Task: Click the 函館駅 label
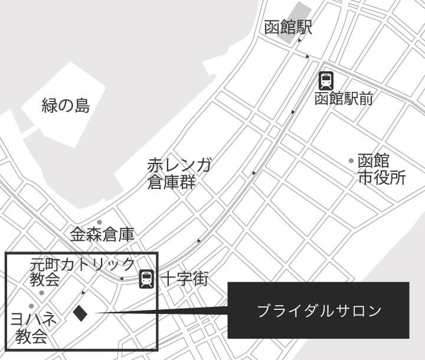click(287, 28)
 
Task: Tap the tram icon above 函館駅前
click(326, 81)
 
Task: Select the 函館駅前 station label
click(343, 98)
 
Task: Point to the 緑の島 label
click(66, 106)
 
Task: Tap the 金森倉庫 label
click(102, 234)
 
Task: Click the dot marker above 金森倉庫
click(107, 221)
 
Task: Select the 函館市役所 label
click(381, 169)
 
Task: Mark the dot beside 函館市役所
click(351, 161)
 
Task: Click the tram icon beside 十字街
click(146, 279)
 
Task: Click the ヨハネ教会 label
click(34, 328)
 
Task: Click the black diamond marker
click(80, 313)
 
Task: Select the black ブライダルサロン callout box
click(318, 310)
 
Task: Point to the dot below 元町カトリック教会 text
click(41, 293)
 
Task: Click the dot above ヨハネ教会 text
click(31, 306)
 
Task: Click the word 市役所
click(381, 178)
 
